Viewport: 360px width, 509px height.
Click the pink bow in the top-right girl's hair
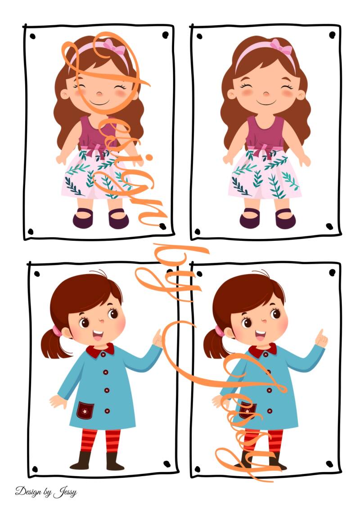281,46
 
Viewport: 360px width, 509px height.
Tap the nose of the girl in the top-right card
266,94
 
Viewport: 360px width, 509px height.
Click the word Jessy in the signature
65,492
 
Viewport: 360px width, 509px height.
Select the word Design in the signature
28,491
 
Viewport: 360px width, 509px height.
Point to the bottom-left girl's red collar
100,351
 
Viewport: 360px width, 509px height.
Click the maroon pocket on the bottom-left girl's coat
85,410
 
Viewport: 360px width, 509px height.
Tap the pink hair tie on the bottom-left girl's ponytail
57,331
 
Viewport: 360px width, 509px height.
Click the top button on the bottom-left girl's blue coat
105,372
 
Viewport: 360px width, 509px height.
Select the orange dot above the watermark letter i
149,158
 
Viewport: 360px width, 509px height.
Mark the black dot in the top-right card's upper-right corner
332,35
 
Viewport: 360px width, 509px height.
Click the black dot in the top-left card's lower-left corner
31,232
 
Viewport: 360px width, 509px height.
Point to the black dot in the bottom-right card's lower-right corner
329,464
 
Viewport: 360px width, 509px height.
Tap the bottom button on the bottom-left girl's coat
107,411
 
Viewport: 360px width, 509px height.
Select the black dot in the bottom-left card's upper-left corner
37,274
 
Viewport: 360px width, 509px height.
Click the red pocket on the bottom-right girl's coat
247,410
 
